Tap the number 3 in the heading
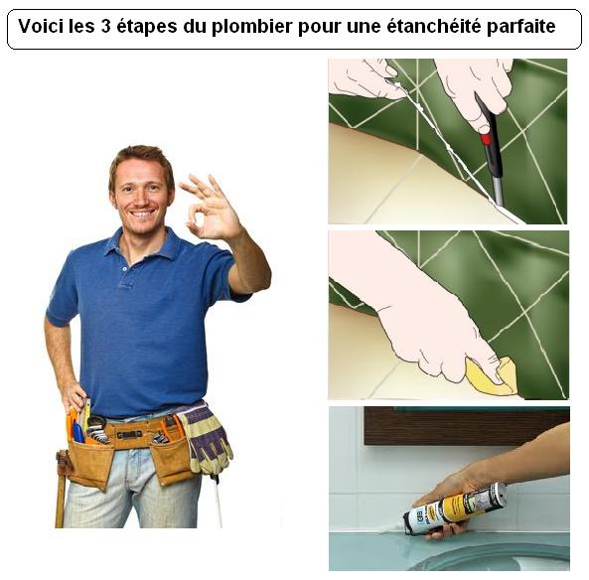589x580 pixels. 105,26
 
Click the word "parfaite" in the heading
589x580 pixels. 521,27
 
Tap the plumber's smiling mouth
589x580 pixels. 142,215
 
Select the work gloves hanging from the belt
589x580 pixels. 205,440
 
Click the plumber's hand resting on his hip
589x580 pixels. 74,396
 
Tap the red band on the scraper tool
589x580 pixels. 486,139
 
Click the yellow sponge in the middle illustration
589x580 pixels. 491,376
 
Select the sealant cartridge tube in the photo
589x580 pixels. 455,507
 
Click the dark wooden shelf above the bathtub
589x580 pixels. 467,426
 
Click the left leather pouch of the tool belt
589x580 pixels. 90,462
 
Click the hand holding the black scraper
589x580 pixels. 475,90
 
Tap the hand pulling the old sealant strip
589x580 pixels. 365,78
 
